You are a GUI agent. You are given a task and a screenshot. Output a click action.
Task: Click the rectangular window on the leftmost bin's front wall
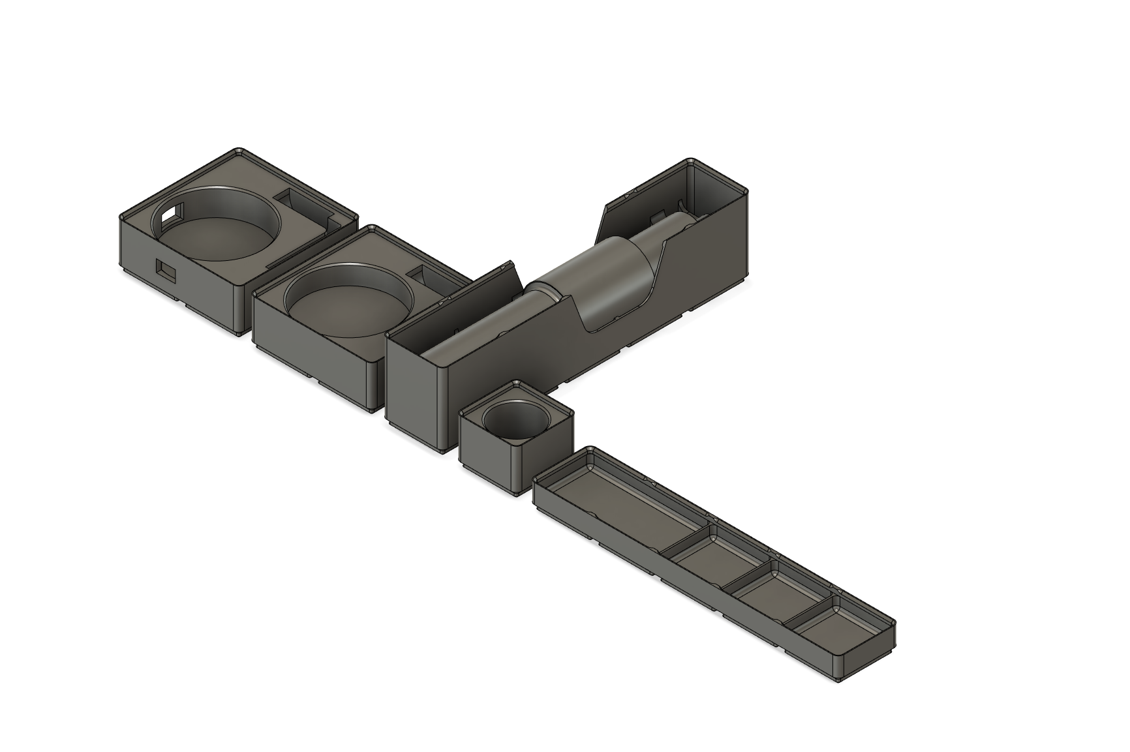(166, 271)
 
